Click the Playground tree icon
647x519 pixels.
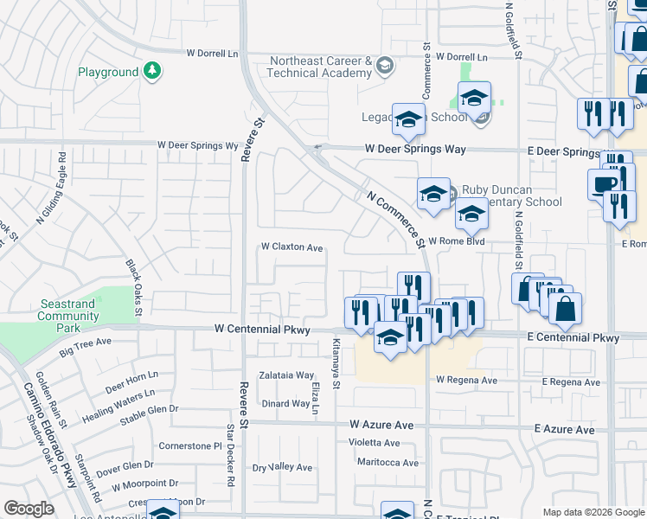(152, 71)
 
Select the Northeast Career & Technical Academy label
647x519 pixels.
(320, 67)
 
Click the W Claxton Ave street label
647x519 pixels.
(292, 247)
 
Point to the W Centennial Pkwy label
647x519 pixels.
(262, 330)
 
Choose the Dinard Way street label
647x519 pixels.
(285, 403)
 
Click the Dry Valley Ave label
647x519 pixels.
(282, 467)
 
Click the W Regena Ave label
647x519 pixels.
(466, 380)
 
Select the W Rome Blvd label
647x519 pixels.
(453, 240)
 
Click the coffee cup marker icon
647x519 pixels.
(603, 183)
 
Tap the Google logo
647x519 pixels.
(29, 509)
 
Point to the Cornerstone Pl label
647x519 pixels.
(190, 446)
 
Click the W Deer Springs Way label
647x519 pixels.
(415, 149)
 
